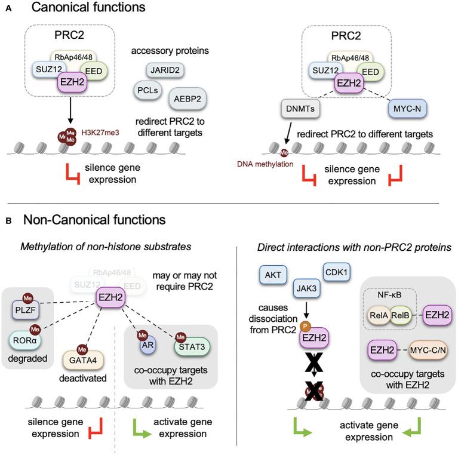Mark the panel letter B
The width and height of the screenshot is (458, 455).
point(8,220)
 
